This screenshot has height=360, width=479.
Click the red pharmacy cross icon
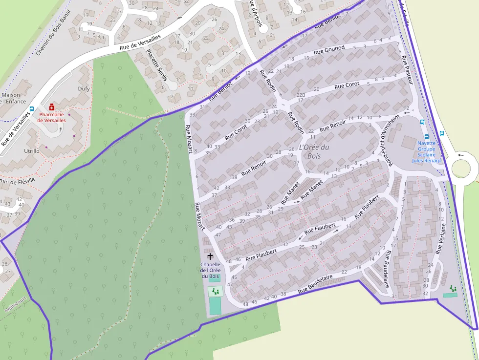(x=51, y=106)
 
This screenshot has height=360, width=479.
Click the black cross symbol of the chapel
(x=210, y=256)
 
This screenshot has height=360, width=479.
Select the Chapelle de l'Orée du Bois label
(x=211, y=270)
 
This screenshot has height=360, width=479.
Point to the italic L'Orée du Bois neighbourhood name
(x=313, y=151)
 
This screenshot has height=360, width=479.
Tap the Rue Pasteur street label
(x=407, y=70)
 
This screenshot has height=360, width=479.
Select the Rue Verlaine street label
(x=440, y=239)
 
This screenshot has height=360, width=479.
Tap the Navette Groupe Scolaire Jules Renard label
(x=426, y=151)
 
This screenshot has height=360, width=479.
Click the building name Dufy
(x=84, y=89)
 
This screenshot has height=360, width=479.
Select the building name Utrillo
(x=32, y=151)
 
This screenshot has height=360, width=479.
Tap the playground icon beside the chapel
(x=215, y=292)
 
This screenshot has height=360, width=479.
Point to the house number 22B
(x=301, y=95)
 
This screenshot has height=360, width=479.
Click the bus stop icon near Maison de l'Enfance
(x=32, y=109)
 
